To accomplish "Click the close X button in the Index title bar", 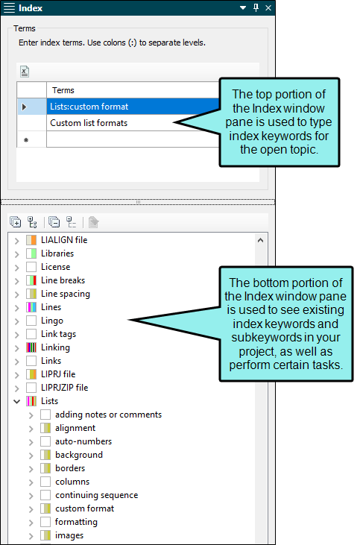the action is pos(268,7).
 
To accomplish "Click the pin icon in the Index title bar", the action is pos(256,7).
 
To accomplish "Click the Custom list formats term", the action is pos(89,123).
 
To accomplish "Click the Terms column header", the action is pos(63,90).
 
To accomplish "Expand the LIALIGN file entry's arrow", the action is pos(16,241).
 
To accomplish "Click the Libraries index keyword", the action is pos(57,253).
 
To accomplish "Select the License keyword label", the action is pos(56,267).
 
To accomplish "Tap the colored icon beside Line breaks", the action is pos(31,280).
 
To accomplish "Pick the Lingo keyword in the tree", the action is pos(52,321).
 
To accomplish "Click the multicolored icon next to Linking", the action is pos(31,347).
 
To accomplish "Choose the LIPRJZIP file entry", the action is pos(64,388).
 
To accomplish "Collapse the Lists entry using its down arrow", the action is pos(16,401).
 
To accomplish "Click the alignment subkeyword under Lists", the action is pos(75,428).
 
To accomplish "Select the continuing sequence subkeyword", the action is pos(97,495).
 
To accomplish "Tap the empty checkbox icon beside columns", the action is pos(45,482).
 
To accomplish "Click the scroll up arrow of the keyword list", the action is pos(260,240).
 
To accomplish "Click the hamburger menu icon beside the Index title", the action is pos(10,7).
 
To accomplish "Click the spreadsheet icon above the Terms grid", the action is pos(25,72).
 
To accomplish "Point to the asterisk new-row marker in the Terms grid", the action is pos(26,140).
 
